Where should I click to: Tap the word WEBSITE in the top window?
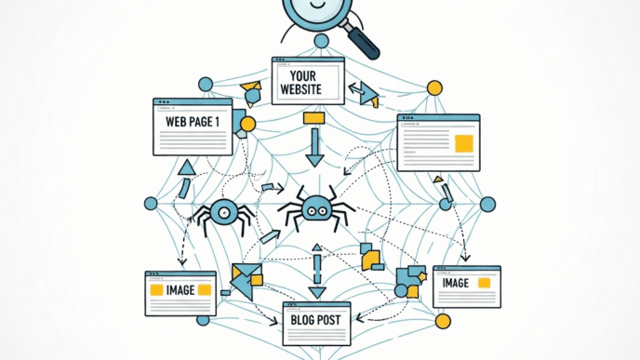pos(307,90)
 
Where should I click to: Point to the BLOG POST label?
pos(316,321)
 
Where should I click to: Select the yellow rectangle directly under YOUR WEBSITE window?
pos(313,118)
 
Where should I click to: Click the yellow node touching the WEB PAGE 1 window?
pos(247,124)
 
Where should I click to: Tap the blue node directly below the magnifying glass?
pos(321,42)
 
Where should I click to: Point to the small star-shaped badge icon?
pos(422,274)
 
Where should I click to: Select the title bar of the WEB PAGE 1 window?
pos(190,102)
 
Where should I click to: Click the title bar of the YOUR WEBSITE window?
pos(307,61)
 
